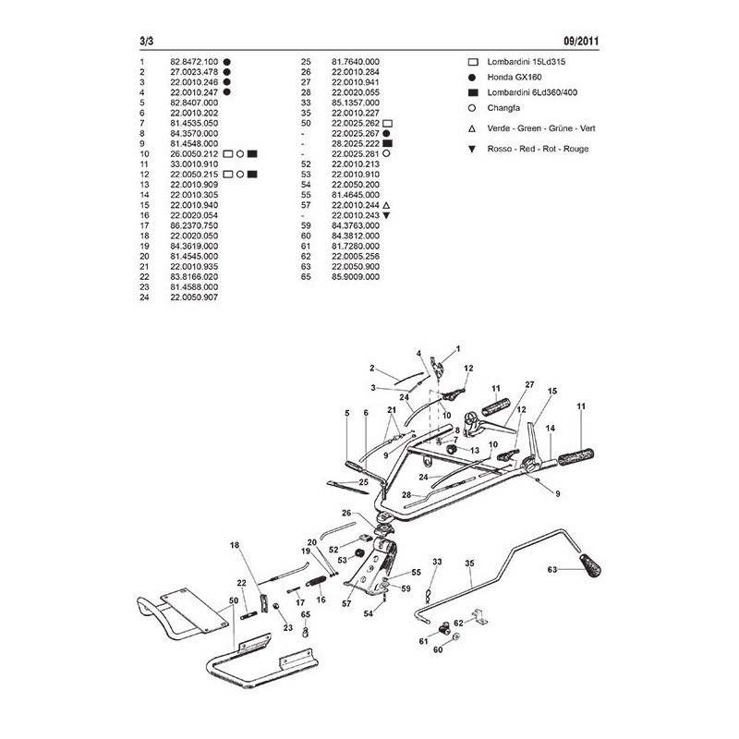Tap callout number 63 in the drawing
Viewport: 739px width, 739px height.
point(552,571)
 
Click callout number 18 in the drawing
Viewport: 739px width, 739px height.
point(235,546)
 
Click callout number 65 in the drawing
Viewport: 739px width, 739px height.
point(306,614)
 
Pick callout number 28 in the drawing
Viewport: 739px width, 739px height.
point(406,496)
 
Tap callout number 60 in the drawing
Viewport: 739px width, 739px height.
point(438,650)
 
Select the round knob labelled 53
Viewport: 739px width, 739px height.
point(352,559)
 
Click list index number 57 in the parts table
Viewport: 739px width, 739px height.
point(305,204)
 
